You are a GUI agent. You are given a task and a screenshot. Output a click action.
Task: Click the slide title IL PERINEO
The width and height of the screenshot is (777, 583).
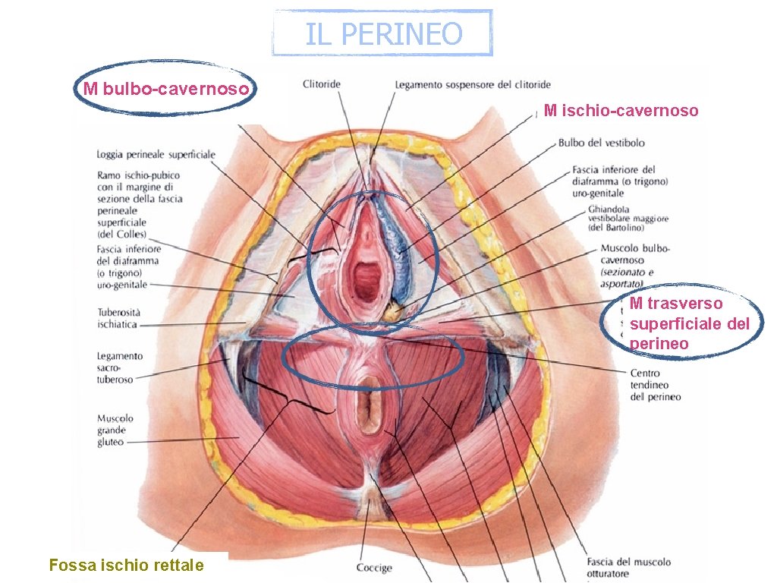pyautogui.click(x=383, y=33)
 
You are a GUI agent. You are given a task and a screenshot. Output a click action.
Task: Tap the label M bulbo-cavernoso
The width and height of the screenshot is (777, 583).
pyautogui.click(x=165, y=89)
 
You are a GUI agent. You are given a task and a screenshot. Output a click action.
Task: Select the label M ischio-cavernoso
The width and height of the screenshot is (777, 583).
pyautogui.click(x=621, y=111)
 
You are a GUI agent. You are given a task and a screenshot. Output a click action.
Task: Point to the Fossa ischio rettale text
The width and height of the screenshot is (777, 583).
pyautogui.click(x=126, y=565)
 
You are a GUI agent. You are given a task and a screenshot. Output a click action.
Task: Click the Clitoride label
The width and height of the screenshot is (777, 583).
pyautogui.click(x=322, y=84)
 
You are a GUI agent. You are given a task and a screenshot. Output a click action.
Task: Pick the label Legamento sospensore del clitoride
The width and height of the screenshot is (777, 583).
pyautogui.click(x=473, y=84)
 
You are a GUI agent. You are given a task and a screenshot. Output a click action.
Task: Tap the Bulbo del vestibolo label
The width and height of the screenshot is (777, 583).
pyautogui.click(x=602, y=143)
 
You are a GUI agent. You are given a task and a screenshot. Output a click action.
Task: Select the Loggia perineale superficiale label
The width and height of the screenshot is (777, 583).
pyautogui.click(x=156, y=155)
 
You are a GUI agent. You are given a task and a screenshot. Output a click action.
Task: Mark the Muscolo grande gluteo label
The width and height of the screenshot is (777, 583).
pyautogui.click(x=115, y=430)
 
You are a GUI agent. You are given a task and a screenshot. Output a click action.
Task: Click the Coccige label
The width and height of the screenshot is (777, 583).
pyautogui.click(x=374, y=568)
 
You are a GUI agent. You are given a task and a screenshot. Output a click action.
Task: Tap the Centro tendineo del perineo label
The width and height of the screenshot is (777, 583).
pyautogui.click(x=656, y=385)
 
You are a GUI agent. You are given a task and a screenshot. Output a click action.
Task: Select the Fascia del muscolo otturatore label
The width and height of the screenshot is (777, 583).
pyautogui.click(x=628, y=568)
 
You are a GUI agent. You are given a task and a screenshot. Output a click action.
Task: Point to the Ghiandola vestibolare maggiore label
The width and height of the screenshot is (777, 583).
pyautogui.click(x=628, y=218)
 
